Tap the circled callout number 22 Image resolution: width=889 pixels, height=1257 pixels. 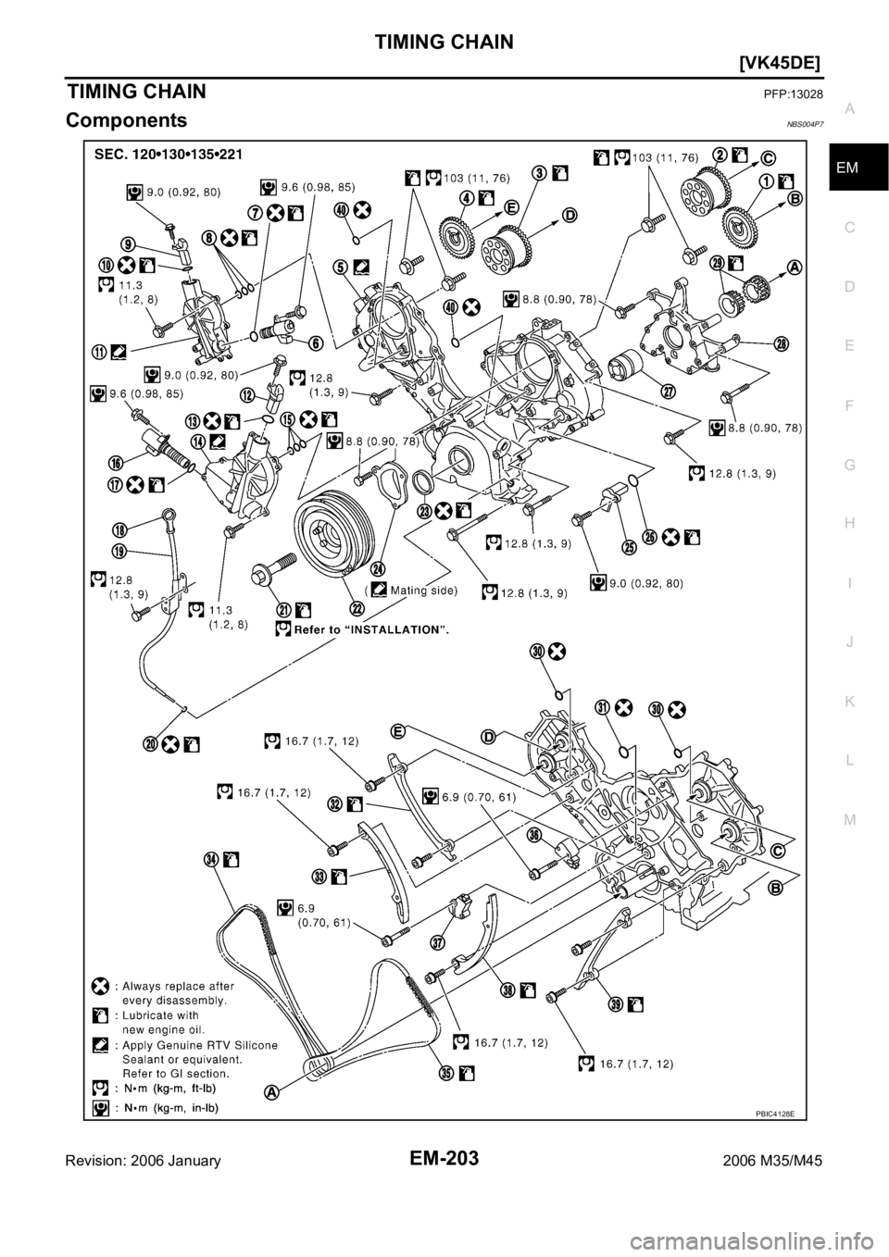pyautogui.click(x=355, y=607)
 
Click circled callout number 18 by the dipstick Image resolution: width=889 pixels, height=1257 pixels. pyautogui.click(x=120, y=529)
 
